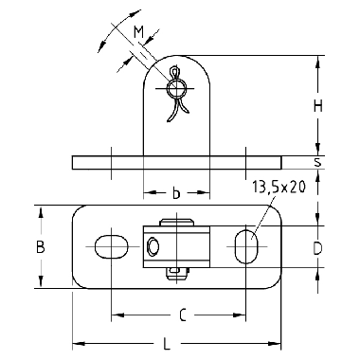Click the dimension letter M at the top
point(138,32)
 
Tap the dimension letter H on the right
point(317,106)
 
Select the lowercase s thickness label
point(317,162)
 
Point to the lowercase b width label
point(176,193)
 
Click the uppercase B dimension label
point(40,247)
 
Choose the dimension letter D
point(317,249)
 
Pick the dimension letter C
point(183,315)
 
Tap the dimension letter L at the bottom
point(167,344)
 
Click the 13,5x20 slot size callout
point(279,188)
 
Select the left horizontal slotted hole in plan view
point(111,246)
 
